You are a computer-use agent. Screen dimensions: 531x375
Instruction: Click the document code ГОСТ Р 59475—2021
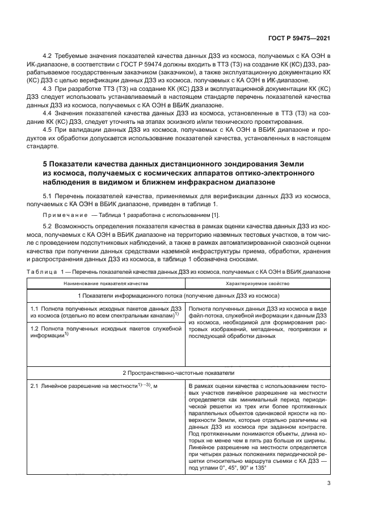[x=299, y=38]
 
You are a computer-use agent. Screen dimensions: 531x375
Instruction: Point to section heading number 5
[x=45, y=164]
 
